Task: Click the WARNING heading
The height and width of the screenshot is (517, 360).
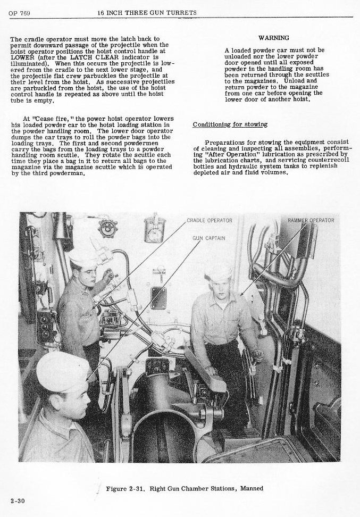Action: pos(273,38)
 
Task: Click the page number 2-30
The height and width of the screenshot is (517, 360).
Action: pos(17,501)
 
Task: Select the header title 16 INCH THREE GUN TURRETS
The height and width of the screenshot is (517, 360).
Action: pos(147,13)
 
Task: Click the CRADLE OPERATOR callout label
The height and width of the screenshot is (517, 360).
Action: pos(210,220)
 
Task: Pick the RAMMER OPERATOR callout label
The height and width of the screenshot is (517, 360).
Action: pos(311,220)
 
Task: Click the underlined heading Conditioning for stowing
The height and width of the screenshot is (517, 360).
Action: pos(230,124)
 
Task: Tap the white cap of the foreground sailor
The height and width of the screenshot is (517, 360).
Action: pos(62,370)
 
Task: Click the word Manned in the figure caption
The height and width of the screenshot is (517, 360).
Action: pos(251,488)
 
